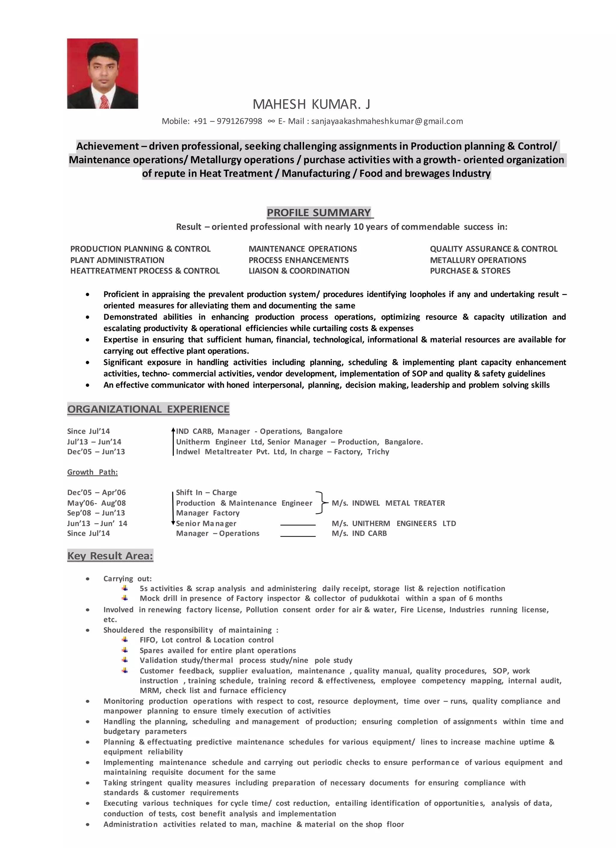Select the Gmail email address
click(x=387, y=121)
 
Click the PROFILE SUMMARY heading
click(x=319, y=212)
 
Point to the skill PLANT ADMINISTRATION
click(x=117, y=260)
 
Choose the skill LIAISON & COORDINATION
click(x=299, y=271)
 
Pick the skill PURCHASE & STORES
click(x=470, y=271)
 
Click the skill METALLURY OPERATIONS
click(x=478, y=260)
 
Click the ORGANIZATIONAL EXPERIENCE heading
click(x=148, y=409)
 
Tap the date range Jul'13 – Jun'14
click(x=94, y=441)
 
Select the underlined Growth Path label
click(x=92, y=472)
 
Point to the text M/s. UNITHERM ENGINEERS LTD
click(x=394, y=523)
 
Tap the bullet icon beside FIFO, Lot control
click(x=125, y=640)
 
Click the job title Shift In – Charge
click(x=206, y=492)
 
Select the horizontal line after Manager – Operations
click(x=298, y=536)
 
